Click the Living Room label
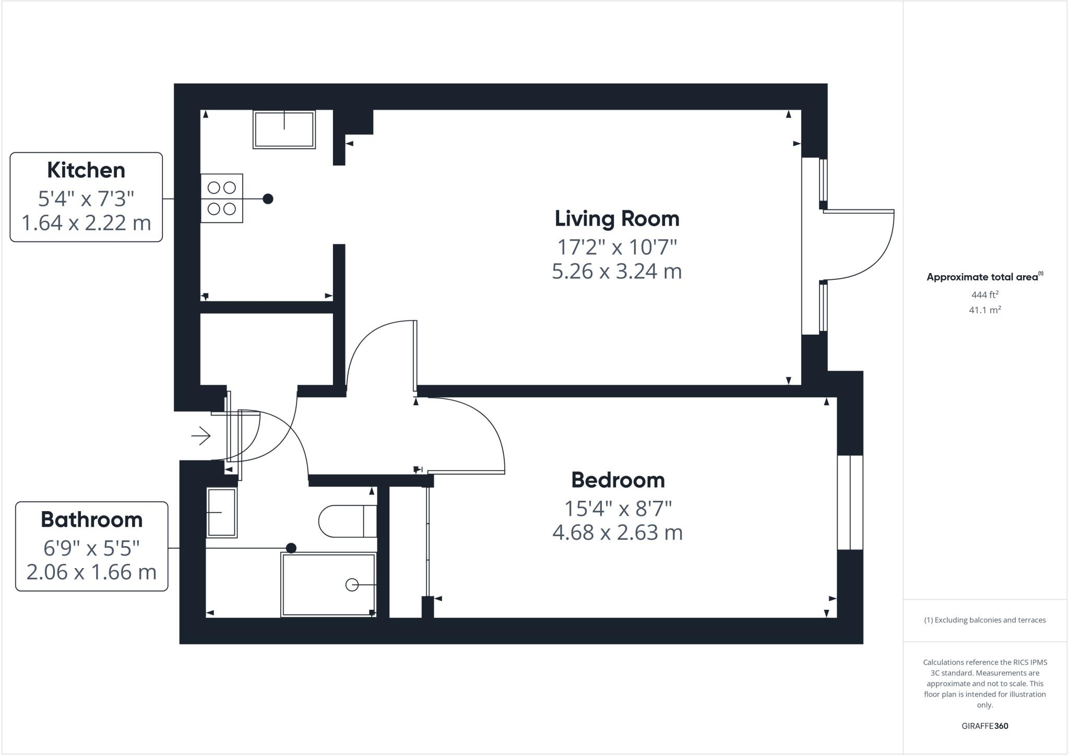pyautogui.click(x=616, y=219)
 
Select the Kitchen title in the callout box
pyautogui.click(x=86, y=170)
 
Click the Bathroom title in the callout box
pyautogui.click(x=91, y=520)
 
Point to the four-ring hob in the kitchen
pyautogui.click(x=222, y=198)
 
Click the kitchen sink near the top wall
pyautogui.click(x=284, y=129)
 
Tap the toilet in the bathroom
pyautogui.click(x=348, y=521)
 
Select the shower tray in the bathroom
pyautogui.click(x=328, y=585)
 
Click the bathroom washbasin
pyautogui.click(x=222, y=513)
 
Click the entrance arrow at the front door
pyautogui.click(x=201, y=435)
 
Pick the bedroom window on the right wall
pyautogui.click(x=850, y=502)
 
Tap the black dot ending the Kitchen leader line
pyautogui.click(x=268, y=199)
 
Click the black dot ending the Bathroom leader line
pyautogui.click(x=291, y=548)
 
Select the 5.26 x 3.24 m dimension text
pyautogui.click(x=616, y=272)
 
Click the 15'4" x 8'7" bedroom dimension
pyautogui.click(x=617, y=508)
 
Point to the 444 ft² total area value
pyautogui.click(x=984, y=294)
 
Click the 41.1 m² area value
pyautogui.click(x=984, y=310)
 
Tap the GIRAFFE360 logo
pyautogui.click(x=984, y=726)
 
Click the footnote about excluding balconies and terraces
pyautogui.click(x=984, y=620)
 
